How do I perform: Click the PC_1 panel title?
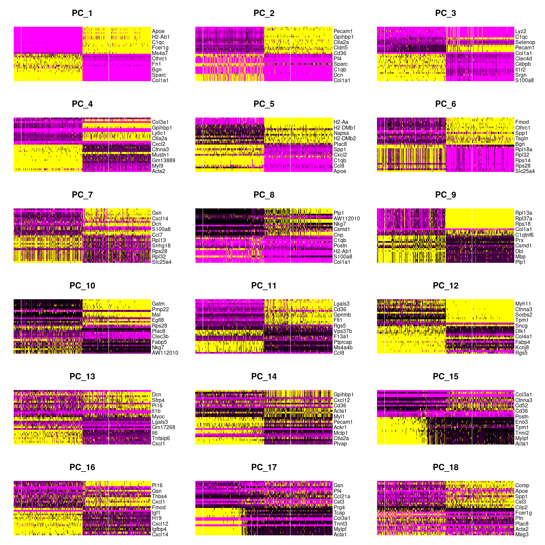tap(82, 13)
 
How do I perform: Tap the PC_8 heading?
tap(264, 195)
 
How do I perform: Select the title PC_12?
tap(445, 286)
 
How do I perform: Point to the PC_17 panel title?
tap(264, 468)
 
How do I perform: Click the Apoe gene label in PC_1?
tap(158, 31)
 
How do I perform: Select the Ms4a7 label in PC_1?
tap(160, 53)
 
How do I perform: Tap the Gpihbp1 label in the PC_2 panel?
tap(343, 37)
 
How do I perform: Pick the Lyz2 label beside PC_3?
tap(521, 31)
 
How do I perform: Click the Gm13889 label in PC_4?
tap(163, 160)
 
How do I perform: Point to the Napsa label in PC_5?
tap(341, 133)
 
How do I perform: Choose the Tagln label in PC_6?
tap(522, 139)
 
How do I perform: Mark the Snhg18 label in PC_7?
tap(161, 246)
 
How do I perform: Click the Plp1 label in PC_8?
tap(339, 213)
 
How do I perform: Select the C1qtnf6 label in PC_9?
tap(524, 235)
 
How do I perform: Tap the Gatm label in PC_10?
tap(158, 304)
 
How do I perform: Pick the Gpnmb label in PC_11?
tap(342, 315)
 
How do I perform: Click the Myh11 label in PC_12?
tap(523, 304)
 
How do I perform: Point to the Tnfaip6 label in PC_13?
tap(161, 438)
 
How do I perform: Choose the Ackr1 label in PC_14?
tap(340, 427)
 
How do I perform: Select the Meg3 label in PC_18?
tap(522, 535)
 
